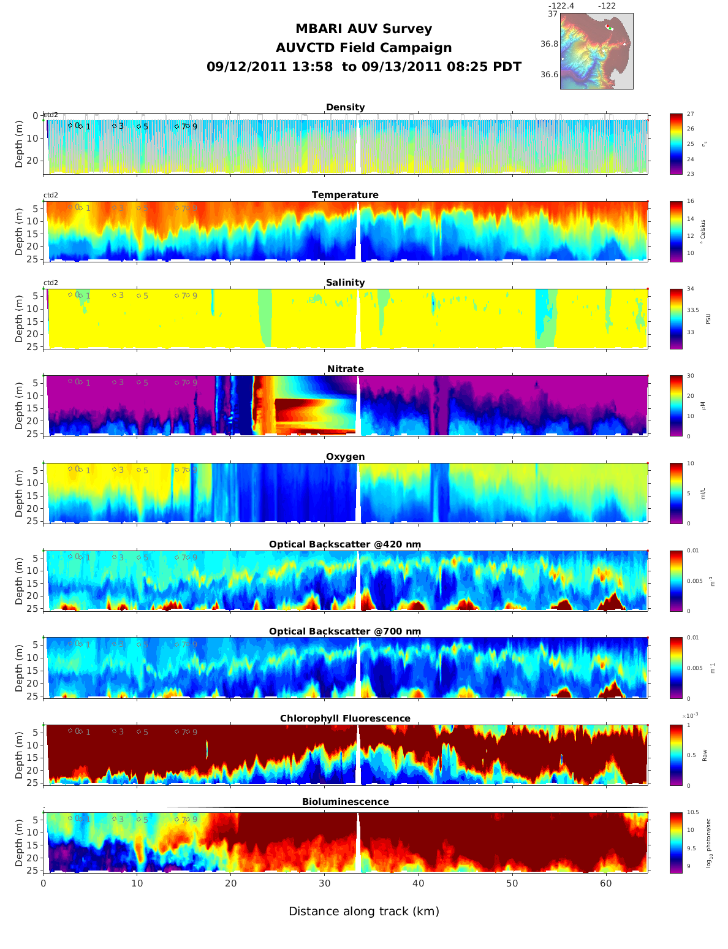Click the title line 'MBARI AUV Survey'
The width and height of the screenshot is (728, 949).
[363, 29]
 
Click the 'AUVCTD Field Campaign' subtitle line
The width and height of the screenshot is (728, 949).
[363, 48]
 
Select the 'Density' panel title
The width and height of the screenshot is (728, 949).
[345, 107]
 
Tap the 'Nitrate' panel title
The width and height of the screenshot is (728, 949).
[345, 369]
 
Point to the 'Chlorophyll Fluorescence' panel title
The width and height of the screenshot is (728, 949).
[345, 718]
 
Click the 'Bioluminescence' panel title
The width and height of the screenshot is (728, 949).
[345, 802]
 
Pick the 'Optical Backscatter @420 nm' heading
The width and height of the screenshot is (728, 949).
[345, 544]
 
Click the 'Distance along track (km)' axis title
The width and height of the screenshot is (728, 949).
[363, 912]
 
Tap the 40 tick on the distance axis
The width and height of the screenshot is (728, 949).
[418, 883]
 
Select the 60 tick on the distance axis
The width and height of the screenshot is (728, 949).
[605, 883]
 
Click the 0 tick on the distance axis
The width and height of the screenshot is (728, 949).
[44, 883]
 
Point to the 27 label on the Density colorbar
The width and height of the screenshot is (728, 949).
[691, 115]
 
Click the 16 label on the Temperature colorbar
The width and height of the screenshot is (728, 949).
[691, 202]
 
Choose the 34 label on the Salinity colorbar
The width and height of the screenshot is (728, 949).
[691, 289]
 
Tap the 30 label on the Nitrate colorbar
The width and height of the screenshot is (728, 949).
[691, 376]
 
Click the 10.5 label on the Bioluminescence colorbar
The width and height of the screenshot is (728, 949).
[693, 813]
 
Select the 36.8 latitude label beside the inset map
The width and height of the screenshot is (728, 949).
[549, 44]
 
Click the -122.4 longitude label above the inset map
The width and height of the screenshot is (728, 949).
[561, 6]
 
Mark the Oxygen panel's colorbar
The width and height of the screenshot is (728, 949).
[676, 493]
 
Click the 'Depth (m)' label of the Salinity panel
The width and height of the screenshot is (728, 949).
[19, 319]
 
